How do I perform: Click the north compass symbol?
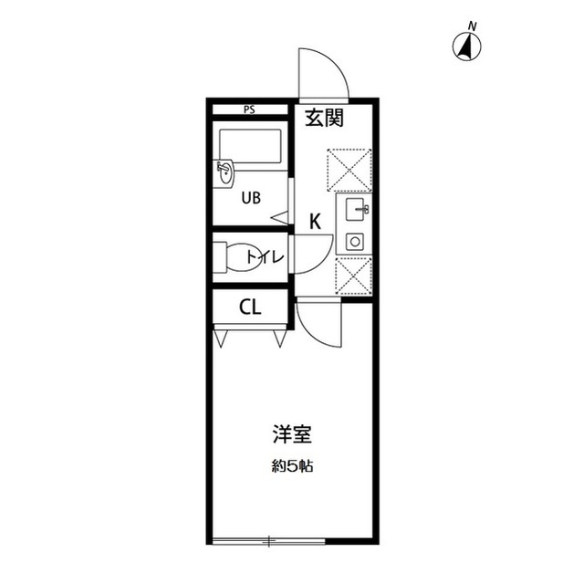[x=466, y=47]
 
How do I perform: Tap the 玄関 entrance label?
[x=324, y=118]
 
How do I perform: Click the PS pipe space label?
[x=249, y=109]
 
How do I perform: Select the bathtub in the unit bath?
[x=250, y=146]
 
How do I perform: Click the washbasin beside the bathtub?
[x=225, y=173]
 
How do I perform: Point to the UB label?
[x=251, y=198]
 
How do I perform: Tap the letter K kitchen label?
[x=316, y=222]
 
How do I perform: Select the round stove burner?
[x=355, y=242]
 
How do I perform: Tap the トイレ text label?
[x=266, y=257]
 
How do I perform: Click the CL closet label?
[x=250, y=307]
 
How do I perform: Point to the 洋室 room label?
[x=292, y=433]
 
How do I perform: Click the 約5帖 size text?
[x=292, y=466]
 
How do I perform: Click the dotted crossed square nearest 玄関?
[x=349, y=170]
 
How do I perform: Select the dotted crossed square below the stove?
[x=354, y=275]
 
